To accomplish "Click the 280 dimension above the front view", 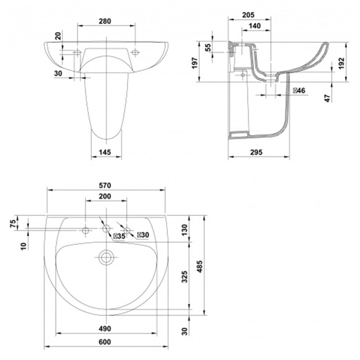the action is click(x=105, y=21).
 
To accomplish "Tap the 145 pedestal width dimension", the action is click(x=105, y=152).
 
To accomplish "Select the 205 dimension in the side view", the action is click(x=248, y=15).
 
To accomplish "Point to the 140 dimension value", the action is click(x=255, y=26).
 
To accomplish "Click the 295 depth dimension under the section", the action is click(x=256, y=152).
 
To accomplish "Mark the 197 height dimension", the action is click(x=195, y=63).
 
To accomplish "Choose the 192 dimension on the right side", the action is click(x=342, y=63).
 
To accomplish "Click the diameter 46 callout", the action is click(x=299, y=91).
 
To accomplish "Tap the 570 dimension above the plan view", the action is click(x=105, y=185).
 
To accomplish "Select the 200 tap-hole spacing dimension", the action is click(x=105, y=196).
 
